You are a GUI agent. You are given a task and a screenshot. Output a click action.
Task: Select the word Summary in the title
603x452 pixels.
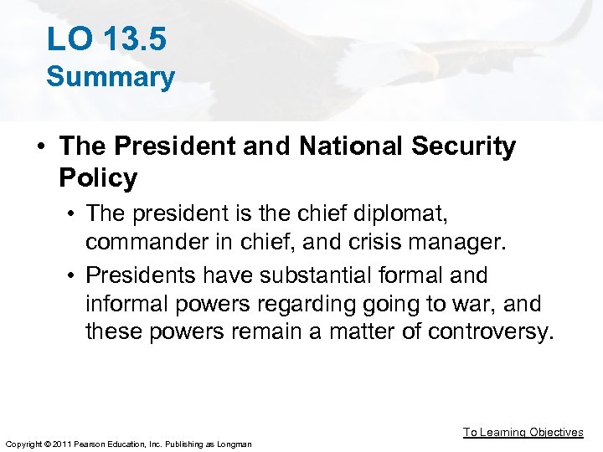111,77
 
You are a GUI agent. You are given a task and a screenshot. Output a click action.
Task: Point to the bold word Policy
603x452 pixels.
98,177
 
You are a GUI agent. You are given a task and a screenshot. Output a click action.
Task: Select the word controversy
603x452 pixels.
491,332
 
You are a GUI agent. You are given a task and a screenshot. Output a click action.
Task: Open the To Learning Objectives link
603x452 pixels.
523,432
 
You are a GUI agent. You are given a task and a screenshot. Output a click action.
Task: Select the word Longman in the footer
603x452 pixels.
233,443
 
